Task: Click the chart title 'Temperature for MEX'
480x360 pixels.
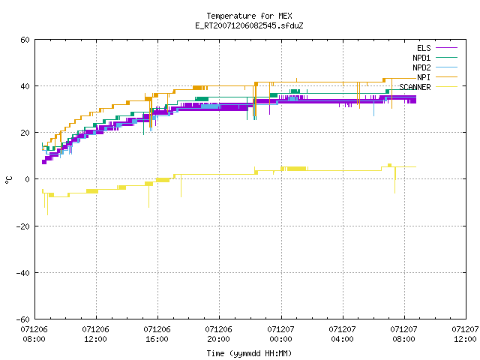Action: coord(249,16)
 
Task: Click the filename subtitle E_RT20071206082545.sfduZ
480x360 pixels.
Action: coord(249,25)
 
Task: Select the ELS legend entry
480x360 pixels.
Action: coord(437,48)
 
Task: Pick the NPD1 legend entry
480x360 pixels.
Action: coord(435,58)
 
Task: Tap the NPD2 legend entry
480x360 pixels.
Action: coord(435,67)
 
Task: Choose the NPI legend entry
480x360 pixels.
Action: coord(437,77)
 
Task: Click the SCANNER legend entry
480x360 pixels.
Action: coord(428,87)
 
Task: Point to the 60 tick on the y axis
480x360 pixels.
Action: coord(25,40)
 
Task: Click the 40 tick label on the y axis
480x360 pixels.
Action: coord(25,86)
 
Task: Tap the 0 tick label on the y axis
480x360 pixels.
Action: coord(27,179)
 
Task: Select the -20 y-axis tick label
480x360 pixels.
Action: coord(23,226)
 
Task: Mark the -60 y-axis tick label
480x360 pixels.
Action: coord(23,319)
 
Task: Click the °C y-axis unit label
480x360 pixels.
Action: coord(8,180)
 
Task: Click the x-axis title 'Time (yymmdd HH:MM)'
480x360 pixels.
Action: coord(249,353)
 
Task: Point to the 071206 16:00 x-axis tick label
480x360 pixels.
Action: coord(157,334)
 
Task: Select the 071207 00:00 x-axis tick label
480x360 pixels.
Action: coord(280,334)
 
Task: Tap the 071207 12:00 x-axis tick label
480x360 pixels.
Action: coord(465,334)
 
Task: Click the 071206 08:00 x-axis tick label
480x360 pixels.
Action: coord(34,334)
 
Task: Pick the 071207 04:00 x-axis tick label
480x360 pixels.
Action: coord(342,334)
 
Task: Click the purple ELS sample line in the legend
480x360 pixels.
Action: coord(447,48)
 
